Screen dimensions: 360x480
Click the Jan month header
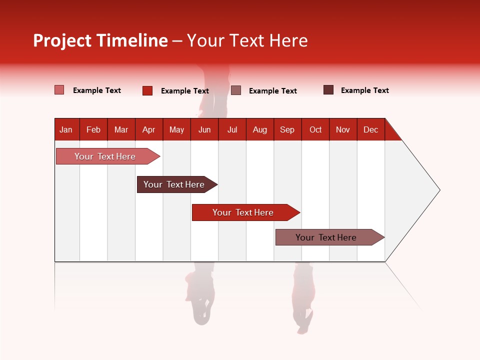coord(66,129)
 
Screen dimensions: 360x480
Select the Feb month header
coord(93,129)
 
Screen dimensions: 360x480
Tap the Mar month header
coord(121,129)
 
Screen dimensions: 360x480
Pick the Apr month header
coord(149,129)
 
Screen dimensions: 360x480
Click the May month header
coord(176,129)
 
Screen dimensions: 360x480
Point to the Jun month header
coord(204,129)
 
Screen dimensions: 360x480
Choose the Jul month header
coord(232,129)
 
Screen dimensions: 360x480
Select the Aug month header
coord(260,129)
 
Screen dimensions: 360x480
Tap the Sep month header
coord(287,129)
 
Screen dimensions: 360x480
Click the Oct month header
coord(315,129)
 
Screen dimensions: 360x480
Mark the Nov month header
coord(343,129)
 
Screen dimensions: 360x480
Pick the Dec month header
coord(371,129)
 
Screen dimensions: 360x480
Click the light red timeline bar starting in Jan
coord(105,156)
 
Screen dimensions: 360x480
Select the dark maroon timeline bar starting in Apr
coord(174,184)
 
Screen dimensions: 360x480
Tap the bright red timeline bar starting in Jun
coord(243,212)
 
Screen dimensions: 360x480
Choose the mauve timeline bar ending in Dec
coord(326,237)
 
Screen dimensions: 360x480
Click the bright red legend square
coord(147,90)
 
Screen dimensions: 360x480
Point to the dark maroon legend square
coord(328,90)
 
